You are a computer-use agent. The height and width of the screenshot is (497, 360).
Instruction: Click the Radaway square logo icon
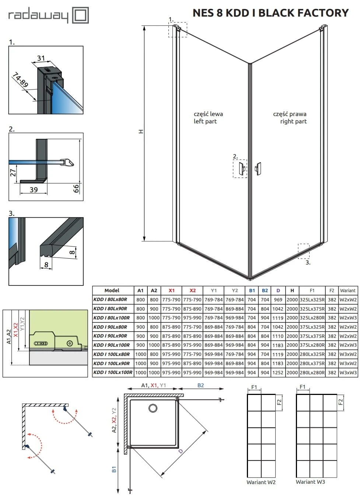[80, 15]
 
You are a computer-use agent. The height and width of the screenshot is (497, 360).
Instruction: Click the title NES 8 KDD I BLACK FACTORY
[270, 13]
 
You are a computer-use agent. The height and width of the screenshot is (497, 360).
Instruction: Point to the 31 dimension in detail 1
[41, 58]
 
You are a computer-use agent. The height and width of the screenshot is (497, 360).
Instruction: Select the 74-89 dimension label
[20, 80]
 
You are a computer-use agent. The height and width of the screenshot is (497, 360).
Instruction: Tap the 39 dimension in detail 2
[34, 190]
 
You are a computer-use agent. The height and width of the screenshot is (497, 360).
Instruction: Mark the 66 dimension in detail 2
[76, 188]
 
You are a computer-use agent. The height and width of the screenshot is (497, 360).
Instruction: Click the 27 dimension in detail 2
[13, 172]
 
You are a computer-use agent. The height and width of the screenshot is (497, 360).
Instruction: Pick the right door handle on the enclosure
[258, 169]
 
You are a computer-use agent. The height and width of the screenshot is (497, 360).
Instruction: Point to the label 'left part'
[205, 121]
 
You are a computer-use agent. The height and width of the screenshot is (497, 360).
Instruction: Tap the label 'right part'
[293, 121]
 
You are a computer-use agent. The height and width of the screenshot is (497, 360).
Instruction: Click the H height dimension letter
[141, 132]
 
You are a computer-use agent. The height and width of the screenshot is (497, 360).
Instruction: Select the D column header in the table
[278, 290]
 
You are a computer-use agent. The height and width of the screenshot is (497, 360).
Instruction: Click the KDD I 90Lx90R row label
[110, 336]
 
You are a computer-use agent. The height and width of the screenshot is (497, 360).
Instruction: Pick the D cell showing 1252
[278, 372]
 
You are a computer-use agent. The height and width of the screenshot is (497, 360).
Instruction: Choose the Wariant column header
[348, 290]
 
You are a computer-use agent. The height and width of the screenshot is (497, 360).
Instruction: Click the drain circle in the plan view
[153, 408]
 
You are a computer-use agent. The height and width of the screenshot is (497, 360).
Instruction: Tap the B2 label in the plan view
[200, 385]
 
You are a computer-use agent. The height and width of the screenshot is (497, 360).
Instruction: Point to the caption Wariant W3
[310, 482]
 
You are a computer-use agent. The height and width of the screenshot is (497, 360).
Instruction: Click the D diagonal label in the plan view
[181, 451]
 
